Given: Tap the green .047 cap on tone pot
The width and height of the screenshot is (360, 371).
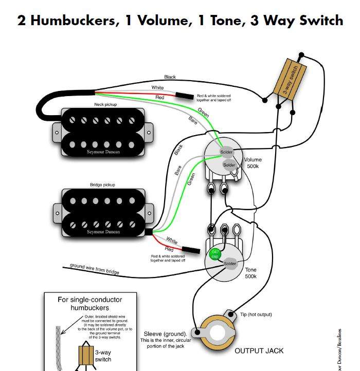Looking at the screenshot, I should click(x=215, y=253).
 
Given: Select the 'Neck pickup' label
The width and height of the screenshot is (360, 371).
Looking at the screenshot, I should click(x=105, y=104).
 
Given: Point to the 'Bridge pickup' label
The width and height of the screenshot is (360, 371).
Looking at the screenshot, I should click(x=102, y=184).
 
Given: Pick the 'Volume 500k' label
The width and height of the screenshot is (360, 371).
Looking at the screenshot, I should click(x=253, y=163).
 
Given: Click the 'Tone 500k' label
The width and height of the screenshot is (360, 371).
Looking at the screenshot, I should click(x=250, y=273).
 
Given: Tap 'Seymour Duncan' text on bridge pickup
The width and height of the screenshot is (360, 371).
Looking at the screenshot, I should click(x=103, y=232).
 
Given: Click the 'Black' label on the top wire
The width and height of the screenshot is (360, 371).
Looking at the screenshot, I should click(x=170, y=77).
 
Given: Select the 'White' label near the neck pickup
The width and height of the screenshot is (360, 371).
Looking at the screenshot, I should click(x=157, y=87).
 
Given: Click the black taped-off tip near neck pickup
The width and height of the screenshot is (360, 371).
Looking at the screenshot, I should click(x=183, y=96).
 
